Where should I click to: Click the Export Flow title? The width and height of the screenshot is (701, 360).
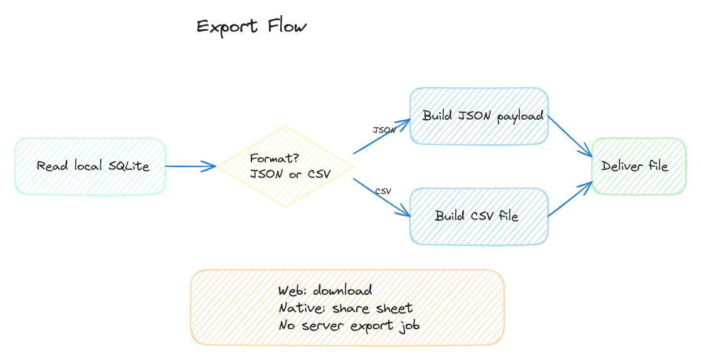(251, 27)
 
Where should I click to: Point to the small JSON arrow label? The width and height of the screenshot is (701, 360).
(384, 130)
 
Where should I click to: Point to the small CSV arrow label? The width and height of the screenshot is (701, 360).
(383, 191)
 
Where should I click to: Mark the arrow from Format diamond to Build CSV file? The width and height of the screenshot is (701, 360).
(381, 197)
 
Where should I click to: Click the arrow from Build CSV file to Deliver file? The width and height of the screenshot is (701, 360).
(571, 199)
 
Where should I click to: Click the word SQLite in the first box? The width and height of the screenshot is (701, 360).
(129, 166)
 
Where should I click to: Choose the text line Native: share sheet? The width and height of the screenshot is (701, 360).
(345, 308)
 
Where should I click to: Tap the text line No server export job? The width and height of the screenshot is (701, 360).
(349, 326)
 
